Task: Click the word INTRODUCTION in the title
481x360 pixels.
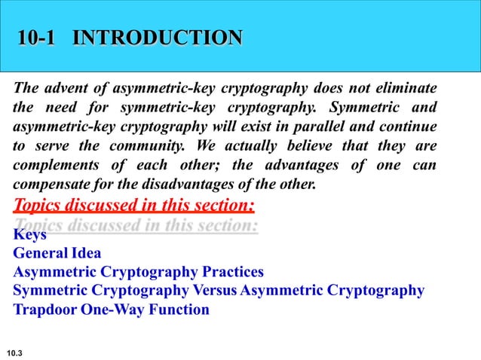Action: tap(158, 38)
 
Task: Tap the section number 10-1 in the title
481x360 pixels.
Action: tap(37, 38)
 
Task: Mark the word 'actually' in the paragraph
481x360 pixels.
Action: tap(256, 145)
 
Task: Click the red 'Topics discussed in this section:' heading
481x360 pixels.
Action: tap(134, 204)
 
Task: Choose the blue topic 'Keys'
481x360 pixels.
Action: tap(29, 235)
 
